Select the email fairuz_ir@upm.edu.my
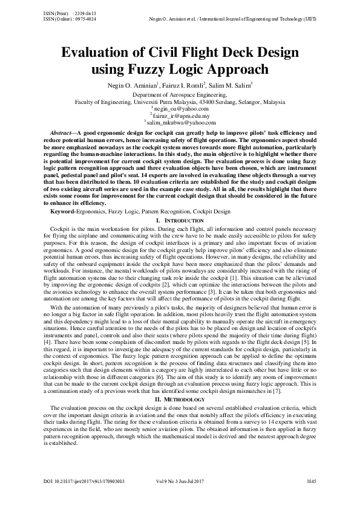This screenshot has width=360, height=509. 182,115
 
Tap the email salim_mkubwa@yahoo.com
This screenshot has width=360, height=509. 182,122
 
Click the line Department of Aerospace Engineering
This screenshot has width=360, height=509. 180,95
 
